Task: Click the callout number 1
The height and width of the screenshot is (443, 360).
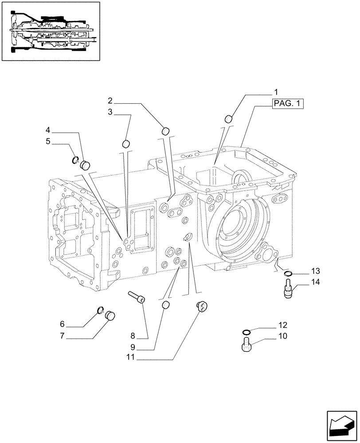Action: [276, 92]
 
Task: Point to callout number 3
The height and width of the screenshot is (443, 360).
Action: [110, 113]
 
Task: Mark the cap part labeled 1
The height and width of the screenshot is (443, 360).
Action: [229, 118]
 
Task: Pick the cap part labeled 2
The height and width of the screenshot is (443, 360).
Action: [166, 130]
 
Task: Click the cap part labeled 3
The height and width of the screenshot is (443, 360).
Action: [126, 144]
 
